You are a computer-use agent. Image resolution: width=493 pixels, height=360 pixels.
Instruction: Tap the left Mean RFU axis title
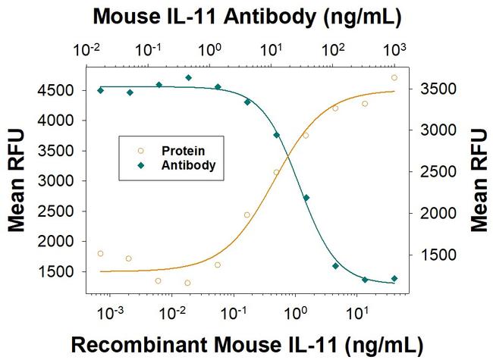pos(16,181)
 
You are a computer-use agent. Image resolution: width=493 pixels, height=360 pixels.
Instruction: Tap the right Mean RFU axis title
pos(478,181)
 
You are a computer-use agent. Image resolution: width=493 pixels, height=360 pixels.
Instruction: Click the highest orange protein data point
pos(394,77)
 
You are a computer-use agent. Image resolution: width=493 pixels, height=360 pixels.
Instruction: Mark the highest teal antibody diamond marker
pos(188,77)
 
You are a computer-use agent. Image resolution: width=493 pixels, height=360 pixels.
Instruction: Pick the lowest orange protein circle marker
pos(187,283)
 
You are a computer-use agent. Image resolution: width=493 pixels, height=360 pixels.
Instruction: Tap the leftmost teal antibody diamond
pos(101,90)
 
